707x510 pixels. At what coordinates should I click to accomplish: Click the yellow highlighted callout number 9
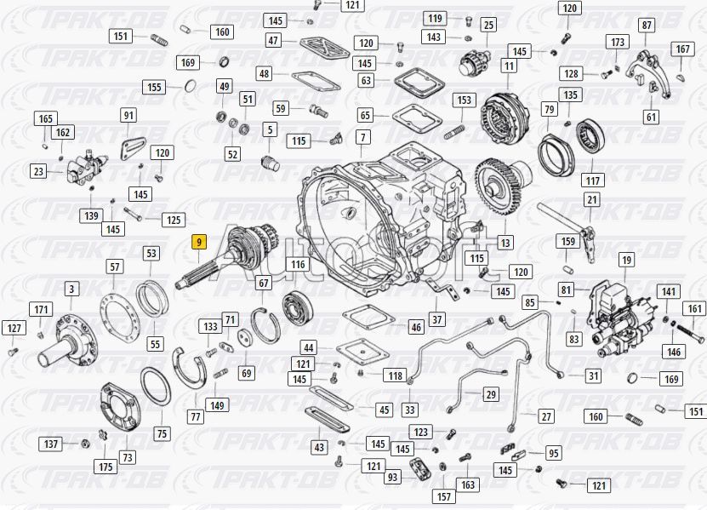[199, 242]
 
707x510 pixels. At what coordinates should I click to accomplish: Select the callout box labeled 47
[273, 40]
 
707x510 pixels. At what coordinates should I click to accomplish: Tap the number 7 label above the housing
[363, 137]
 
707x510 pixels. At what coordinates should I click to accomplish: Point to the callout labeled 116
[298, 265]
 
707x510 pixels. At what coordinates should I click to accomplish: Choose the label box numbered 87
[647, 26]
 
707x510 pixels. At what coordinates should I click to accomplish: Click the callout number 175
[105, 467]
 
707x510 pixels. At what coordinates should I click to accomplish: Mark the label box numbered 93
[393, 477]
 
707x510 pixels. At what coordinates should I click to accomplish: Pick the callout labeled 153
[465, 100]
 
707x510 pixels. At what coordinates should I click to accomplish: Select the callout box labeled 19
[627, 260]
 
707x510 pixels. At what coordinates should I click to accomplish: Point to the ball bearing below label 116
[298, 307]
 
